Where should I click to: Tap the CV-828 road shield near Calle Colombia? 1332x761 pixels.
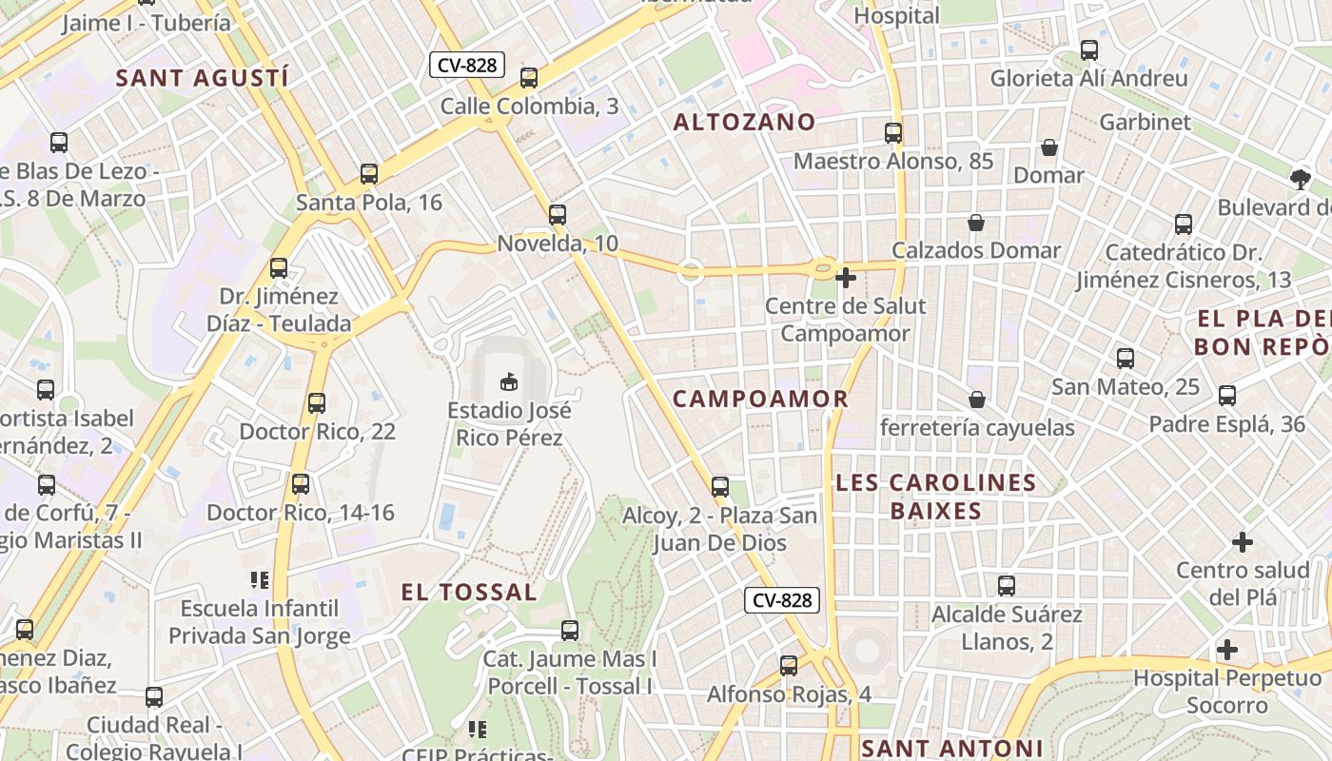466,65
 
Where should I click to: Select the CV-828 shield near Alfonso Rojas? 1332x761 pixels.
782,599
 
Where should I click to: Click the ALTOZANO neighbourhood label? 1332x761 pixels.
744,122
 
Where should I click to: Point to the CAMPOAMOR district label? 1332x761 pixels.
760,399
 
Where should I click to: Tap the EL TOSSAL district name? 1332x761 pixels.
469,592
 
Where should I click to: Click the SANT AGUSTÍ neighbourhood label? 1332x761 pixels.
201,78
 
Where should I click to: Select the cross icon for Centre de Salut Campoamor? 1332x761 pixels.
845,278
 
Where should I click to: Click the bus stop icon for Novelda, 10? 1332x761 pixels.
558,215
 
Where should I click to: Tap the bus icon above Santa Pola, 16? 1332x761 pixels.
369,174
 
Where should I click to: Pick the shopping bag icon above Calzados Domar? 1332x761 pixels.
976,223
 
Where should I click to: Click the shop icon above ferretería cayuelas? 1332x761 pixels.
976,399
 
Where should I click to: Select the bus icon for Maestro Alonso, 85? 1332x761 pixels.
893,133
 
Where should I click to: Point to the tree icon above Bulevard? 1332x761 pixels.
1300,178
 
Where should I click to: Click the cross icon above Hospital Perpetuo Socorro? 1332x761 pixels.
1227,650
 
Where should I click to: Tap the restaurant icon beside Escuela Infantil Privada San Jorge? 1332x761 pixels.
260,579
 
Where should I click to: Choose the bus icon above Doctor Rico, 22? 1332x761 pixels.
317,403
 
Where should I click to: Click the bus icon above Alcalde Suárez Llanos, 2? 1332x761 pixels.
1007,586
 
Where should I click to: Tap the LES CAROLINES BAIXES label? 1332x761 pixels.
936,497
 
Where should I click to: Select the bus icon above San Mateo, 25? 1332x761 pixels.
1126,359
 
